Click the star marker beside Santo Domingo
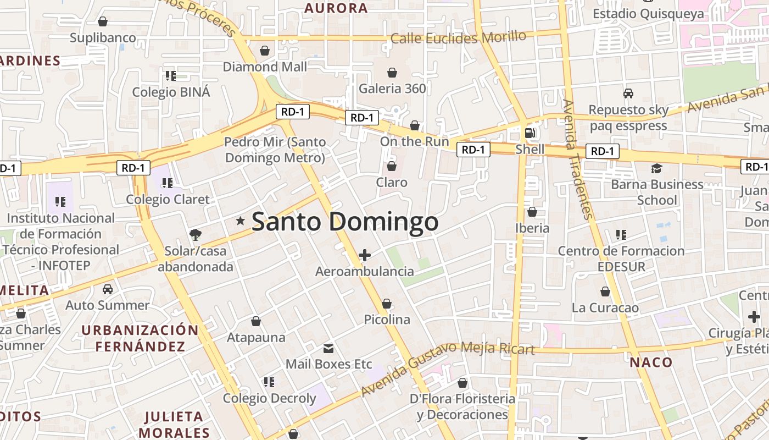pos(240,221)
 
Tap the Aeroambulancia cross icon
pos(364,255)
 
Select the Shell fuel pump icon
pos(530,133)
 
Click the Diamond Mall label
pos(265,67)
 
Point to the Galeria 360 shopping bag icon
pos(392,73)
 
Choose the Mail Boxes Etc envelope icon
pos(328,348)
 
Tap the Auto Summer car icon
pos(108,289)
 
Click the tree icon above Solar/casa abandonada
pos(195,235)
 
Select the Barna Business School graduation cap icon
pos(656,168)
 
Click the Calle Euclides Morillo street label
pos(458,37)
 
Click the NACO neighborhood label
pos(651,362)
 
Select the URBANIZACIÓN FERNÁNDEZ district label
pos(140,338)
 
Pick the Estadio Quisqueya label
pos(648,14)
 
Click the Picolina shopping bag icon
pos(387,304)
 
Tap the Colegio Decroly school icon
pos(269,382)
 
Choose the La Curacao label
pos(605,307)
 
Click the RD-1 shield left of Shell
pos(473,150)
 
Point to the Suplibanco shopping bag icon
pos(102,22)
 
